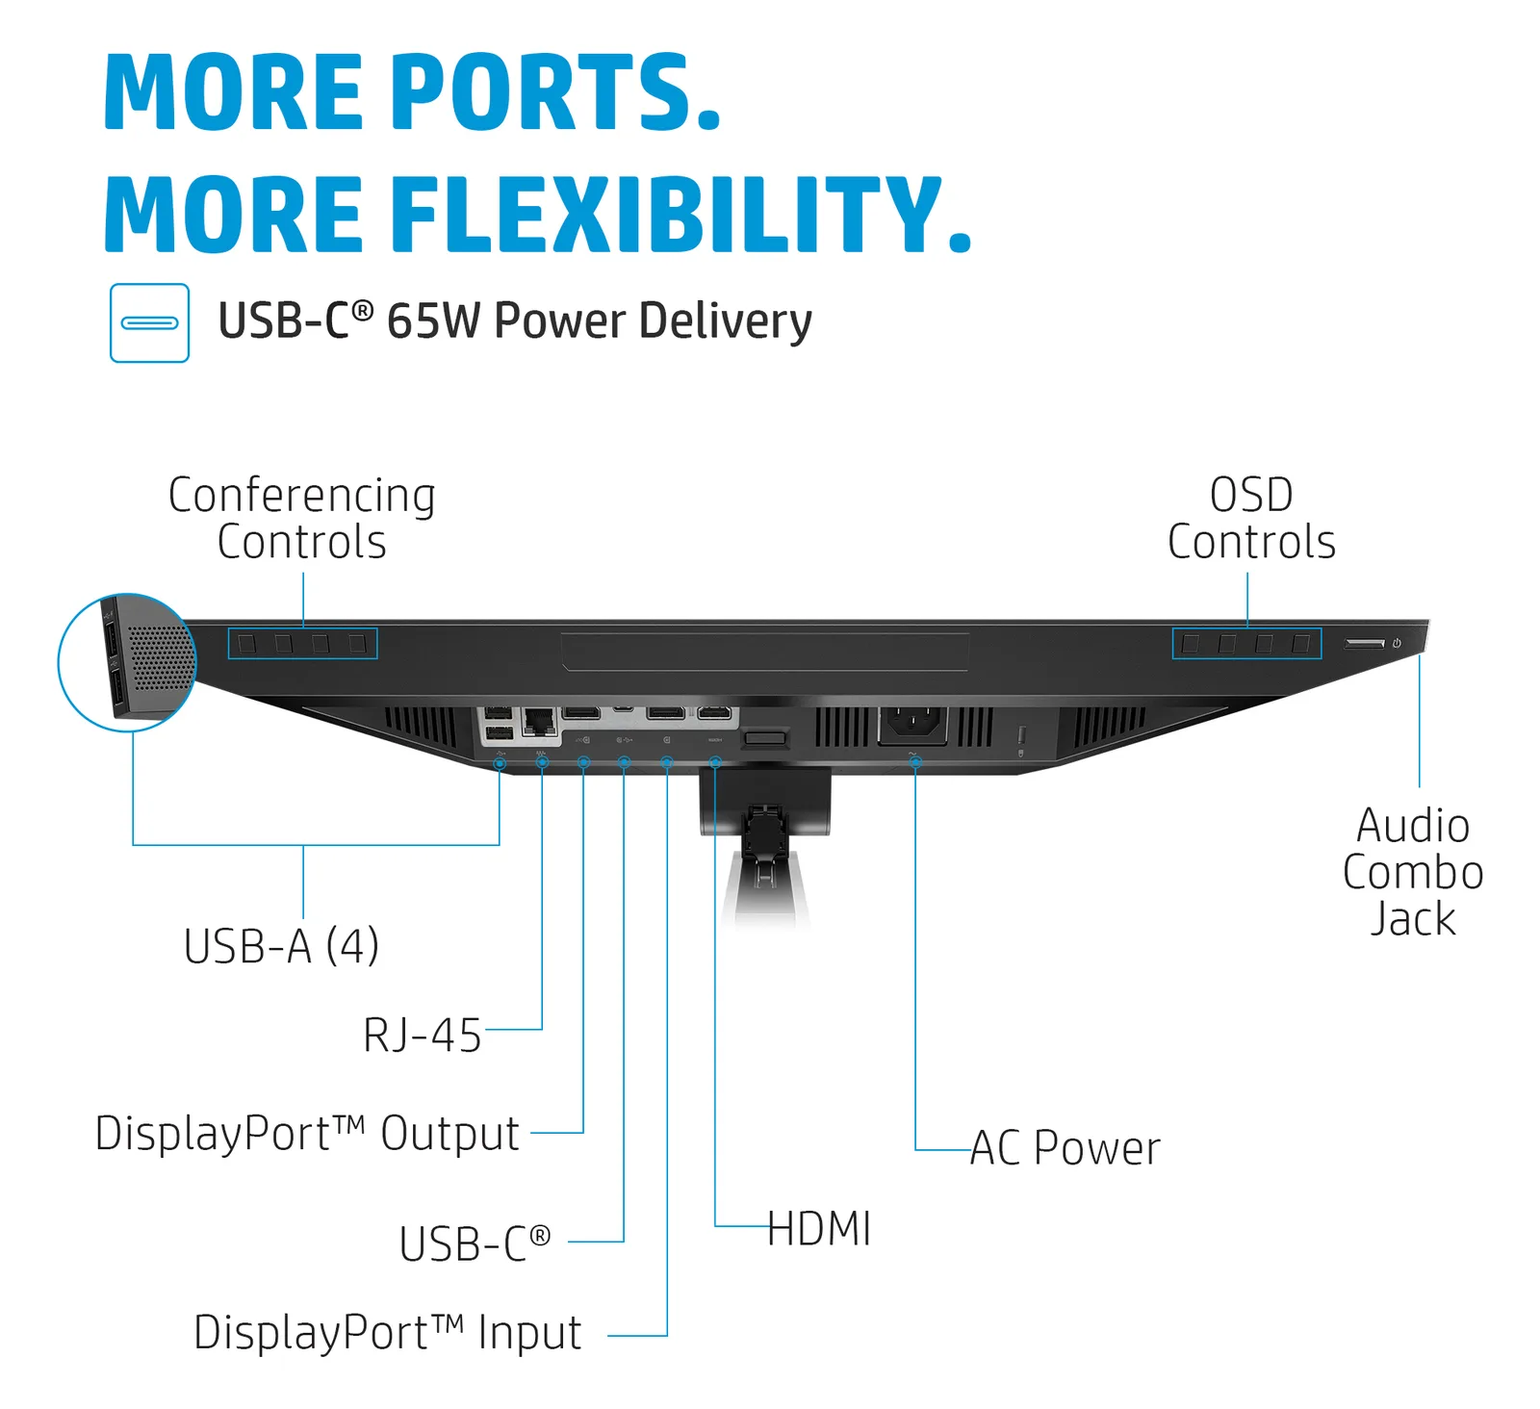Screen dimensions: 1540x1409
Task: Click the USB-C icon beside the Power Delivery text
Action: [x=149, y=322]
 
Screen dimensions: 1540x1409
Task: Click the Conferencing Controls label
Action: [x=301, y=519]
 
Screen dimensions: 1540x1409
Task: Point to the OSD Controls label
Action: [x=1251, y=519]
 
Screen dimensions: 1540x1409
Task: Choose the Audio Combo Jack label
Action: [x=1413, y=872]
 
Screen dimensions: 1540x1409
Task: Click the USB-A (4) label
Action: [x=281, y=945]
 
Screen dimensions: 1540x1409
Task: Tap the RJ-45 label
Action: [x=422, y=1036]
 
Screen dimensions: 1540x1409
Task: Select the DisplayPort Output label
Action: [x=307, y=1134]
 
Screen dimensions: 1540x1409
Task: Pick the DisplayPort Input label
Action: [x=387, y=1333]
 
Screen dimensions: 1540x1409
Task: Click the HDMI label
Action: [x=819, y=1229]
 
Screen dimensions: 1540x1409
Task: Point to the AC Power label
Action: [x=1065, y=1147]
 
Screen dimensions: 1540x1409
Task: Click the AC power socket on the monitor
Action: [x=912, y=725]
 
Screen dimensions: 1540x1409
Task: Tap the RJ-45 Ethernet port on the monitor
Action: [x=539, y=722]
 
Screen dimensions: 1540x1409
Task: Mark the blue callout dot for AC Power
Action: [x=915, y=762]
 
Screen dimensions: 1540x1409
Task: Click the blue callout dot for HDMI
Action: [x=715, y=762]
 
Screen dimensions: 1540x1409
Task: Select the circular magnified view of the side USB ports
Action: [x=127, y=662]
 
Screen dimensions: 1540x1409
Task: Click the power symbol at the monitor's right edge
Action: [x=1397, y=643]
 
